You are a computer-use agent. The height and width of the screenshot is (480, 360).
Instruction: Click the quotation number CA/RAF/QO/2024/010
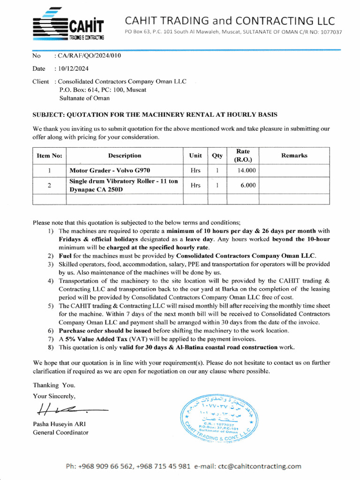(89, 56)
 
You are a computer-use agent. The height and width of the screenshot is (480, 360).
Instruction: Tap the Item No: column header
(49, 156)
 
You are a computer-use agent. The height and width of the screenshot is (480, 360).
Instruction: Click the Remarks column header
(294, 156)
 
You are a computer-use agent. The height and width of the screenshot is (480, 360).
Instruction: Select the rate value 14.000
(247, 171)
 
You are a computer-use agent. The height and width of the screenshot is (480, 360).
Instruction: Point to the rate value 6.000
(248, 185)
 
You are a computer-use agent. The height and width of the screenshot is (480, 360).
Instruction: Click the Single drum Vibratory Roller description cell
(124, 185)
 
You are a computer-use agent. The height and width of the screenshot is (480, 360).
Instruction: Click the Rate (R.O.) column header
(242, 156)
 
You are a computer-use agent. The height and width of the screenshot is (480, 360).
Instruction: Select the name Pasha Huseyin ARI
(59, 424)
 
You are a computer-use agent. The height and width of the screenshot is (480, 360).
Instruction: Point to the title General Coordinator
(60, 432)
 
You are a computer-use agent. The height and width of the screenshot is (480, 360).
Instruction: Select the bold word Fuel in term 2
(65, 256)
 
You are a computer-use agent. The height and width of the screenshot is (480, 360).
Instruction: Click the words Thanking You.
(53, 385)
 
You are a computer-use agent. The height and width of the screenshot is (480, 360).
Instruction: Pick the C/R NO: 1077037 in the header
(319, 32)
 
